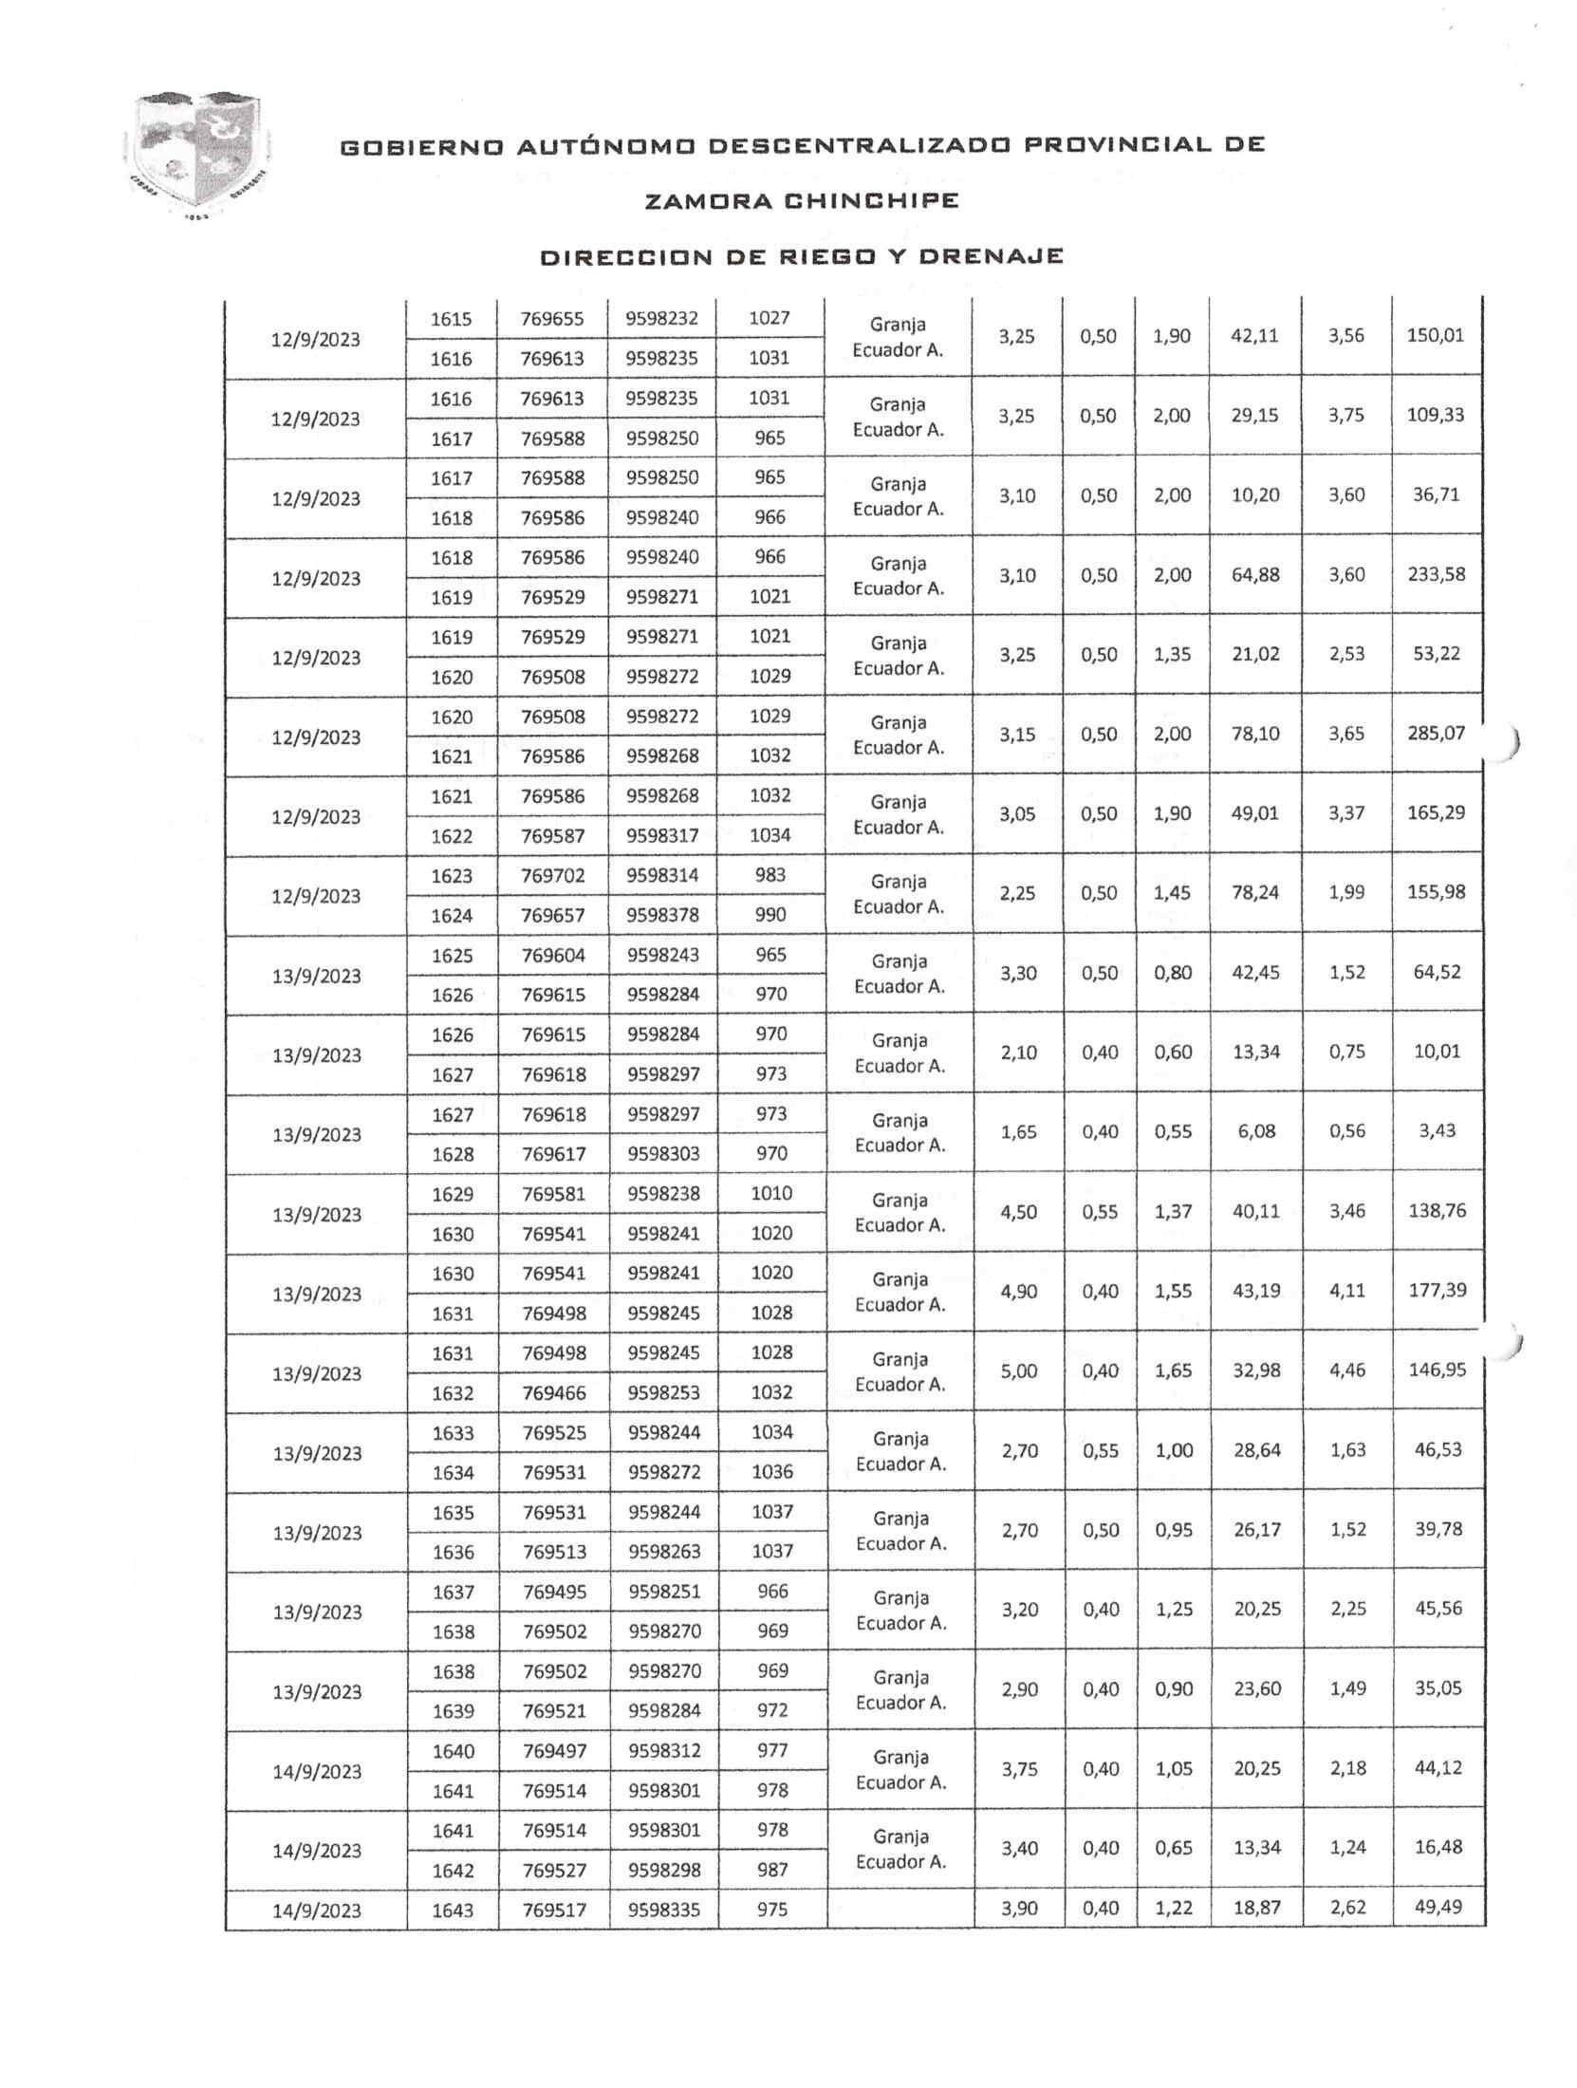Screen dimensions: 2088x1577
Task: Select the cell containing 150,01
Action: point(1435,335)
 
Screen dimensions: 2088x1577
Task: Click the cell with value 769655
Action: point(551,319)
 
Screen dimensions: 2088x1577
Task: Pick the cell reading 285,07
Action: point(1437,734)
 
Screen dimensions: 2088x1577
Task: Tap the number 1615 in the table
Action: point(451,319)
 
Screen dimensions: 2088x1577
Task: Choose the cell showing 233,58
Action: point(1437,574)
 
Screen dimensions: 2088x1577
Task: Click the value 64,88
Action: point(1255,574)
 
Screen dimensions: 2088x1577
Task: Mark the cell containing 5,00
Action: point(1019,1370)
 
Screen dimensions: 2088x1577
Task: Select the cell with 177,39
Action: point(1438,1291)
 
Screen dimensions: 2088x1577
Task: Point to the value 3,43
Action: point(1438,1131)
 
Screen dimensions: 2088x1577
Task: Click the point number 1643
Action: point(453,1910)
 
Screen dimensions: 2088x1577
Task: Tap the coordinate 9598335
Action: point(664,1910)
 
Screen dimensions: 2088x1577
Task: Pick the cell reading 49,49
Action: point(1438,1908)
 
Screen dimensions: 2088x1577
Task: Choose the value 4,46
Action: point(1347,1370)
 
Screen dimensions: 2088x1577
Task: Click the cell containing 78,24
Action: point(1255,893)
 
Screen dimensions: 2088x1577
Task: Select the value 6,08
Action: point(1256,1131)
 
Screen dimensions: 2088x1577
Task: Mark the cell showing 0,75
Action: point(1347,1052)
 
